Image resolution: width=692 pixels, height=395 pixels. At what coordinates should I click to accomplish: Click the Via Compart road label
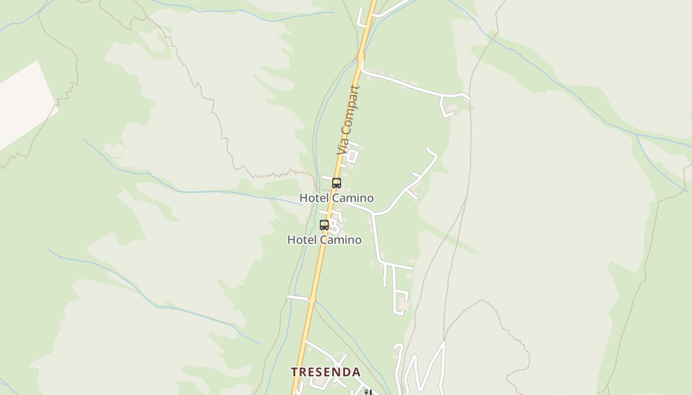[x=348, y=121]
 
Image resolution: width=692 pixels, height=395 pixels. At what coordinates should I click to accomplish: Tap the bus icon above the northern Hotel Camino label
[x=337, y=183]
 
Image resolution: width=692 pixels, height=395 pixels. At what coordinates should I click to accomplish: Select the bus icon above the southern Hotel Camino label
[x=324, y=225]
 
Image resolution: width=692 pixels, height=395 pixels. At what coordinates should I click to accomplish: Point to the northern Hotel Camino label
[x=337, y=198]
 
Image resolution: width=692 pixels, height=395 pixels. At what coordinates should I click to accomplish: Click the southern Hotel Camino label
[x=324, y=240]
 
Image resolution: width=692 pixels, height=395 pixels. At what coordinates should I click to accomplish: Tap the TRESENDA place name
[x=326, y=372]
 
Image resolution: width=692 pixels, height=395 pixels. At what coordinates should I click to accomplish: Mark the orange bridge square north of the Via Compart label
[x=361, y=57]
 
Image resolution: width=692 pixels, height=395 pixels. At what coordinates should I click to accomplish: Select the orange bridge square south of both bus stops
[x=312, y=300]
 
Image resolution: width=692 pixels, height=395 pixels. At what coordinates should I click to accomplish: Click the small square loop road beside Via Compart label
[x=351, y=155]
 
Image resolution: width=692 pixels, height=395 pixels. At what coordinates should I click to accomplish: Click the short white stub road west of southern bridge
[x=298, y=298]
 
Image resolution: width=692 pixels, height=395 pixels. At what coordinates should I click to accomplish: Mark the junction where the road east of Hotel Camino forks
[x=375, y=214]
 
